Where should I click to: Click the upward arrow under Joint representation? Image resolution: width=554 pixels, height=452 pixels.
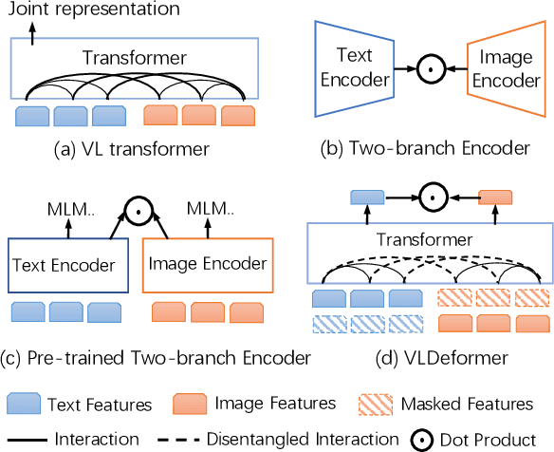(29, 28)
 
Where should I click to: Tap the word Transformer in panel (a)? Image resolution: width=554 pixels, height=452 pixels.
(136, 57)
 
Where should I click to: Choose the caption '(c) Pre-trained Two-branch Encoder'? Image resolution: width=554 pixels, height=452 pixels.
(156, 358)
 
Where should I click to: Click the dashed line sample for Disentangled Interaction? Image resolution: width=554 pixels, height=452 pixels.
(193, 438)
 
